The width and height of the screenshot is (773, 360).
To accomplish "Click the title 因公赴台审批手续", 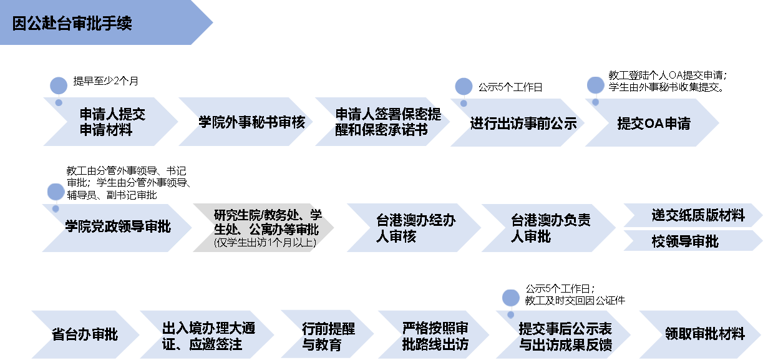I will tap(72, 24).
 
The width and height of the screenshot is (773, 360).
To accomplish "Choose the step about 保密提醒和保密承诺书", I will tap(387, 122).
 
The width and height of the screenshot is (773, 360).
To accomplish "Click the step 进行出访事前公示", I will tap(523, 122).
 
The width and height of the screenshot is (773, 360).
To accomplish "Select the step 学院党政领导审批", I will tap(118, 227).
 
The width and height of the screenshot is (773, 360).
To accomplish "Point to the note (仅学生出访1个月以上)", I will tap(265, 243).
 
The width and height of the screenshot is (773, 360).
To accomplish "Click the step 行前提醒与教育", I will tap(327, 336).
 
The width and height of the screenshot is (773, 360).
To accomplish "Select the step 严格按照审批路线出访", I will tap(437, 336).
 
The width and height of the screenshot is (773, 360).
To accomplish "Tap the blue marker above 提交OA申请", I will tap(596, 85).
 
